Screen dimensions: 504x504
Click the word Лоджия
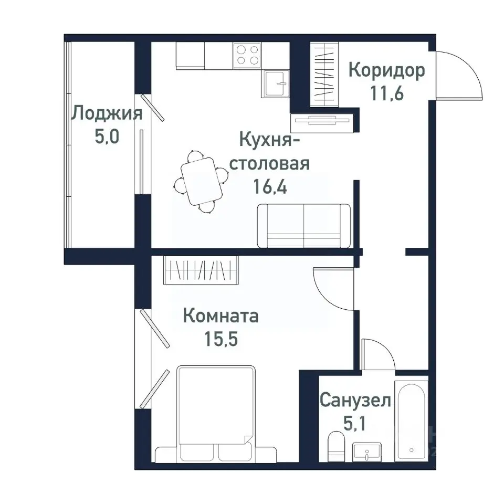[107, 113]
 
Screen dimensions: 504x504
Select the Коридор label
[386, 70]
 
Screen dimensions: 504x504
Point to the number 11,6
[386, 94]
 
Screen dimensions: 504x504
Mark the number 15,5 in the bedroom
[220, 339]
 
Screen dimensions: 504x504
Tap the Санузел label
[355, 401]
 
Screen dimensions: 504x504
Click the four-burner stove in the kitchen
[247, 54]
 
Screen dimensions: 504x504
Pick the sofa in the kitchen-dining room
[303, 225]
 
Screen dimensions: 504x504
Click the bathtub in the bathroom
[412, 420]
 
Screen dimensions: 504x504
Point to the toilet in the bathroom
[334, 447]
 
